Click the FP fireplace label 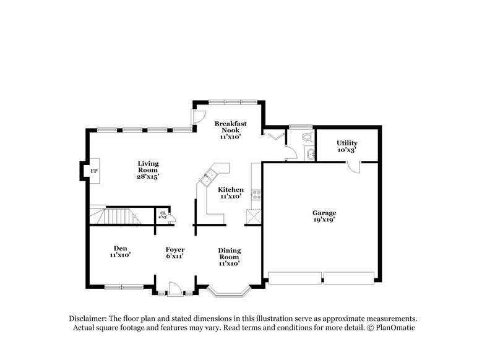pos(94,170)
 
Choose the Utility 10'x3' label pos(346,147)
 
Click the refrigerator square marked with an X pos(253,216)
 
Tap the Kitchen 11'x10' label pos(230,193)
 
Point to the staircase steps pos(118,216)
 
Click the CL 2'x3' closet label pos(163,215)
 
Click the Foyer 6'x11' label pos(175,252)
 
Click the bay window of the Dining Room pos(229,290)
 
